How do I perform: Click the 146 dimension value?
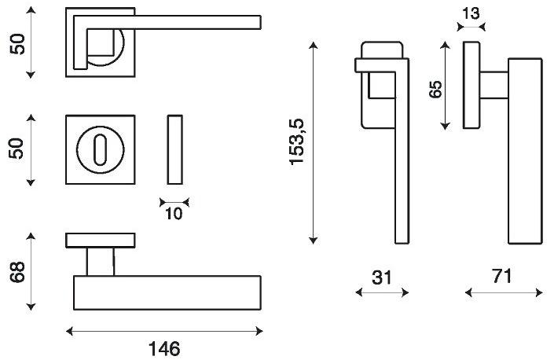click(164, 349)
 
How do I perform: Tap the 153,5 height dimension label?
click(297, 142)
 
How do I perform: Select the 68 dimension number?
click(17, 272)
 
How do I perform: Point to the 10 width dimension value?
click(174, 214)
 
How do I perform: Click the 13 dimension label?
click(471, 13)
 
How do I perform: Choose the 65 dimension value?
click(435, 90)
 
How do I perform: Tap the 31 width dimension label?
click(382, 277)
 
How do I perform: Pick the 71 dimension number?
click(502, 276)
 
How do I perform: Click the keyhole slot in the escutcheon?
click(101, 149)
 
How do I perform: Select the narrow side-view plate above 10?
click(175, 149)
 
